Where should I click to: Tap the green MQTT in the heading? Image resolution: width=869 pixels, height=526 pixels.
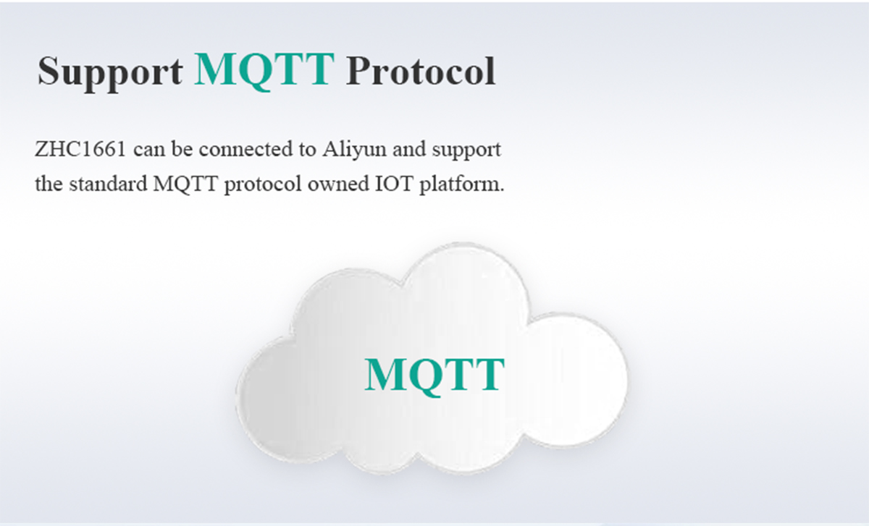(264, 70)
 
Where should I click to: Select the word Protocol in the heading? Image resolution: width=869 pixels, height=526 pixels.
(421, 71)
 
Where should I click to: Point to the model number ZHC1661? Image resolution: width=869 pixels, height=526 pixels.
(80, 149)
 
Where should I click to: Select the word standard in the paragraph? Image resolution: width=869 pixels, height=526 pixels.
(108, 184)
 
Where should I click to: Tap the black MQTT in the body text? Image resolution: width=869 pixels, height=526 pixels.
(185, 184)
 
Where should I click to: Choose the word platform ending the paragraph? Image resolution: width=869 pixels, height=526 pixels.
(462, 185)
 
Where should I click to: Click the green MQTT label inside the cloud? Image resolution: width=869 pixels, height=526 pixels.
(434, 376)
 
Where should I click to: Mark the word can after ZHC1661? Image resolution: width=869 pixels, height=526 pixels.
(149, 150)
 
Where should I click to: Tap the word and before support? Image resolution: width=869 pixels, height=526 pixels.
(409, 149)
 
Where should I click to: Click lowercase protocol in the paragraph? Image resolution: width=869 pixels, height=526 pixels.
(263, 185)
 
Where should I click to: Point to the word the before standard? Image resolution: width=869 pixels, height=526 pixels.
(49, 184)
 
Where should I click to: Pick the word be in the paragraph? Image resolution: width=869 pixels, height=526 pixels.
(182, 149)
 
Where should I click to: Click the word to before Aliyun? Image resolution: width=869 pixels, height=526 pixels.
(307, 150)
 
